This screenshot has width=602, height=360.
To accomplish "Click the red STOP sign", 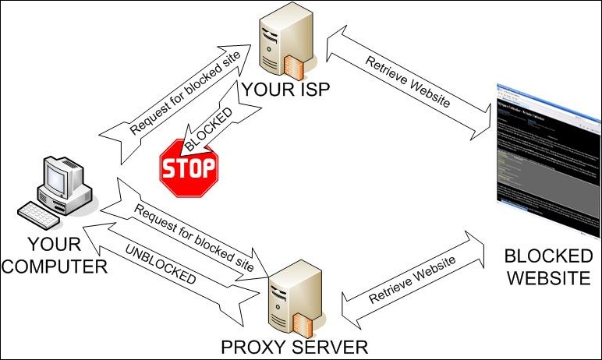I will [x=188, y=166].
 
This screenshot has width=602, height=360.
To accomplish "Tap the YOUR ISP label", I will [x=286, y=92].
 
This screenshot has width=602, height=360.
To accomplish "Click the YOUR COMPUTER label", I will [x=54, y=256].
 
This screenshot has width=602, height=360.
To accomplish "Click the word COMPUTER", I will [x=54, y=266].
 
